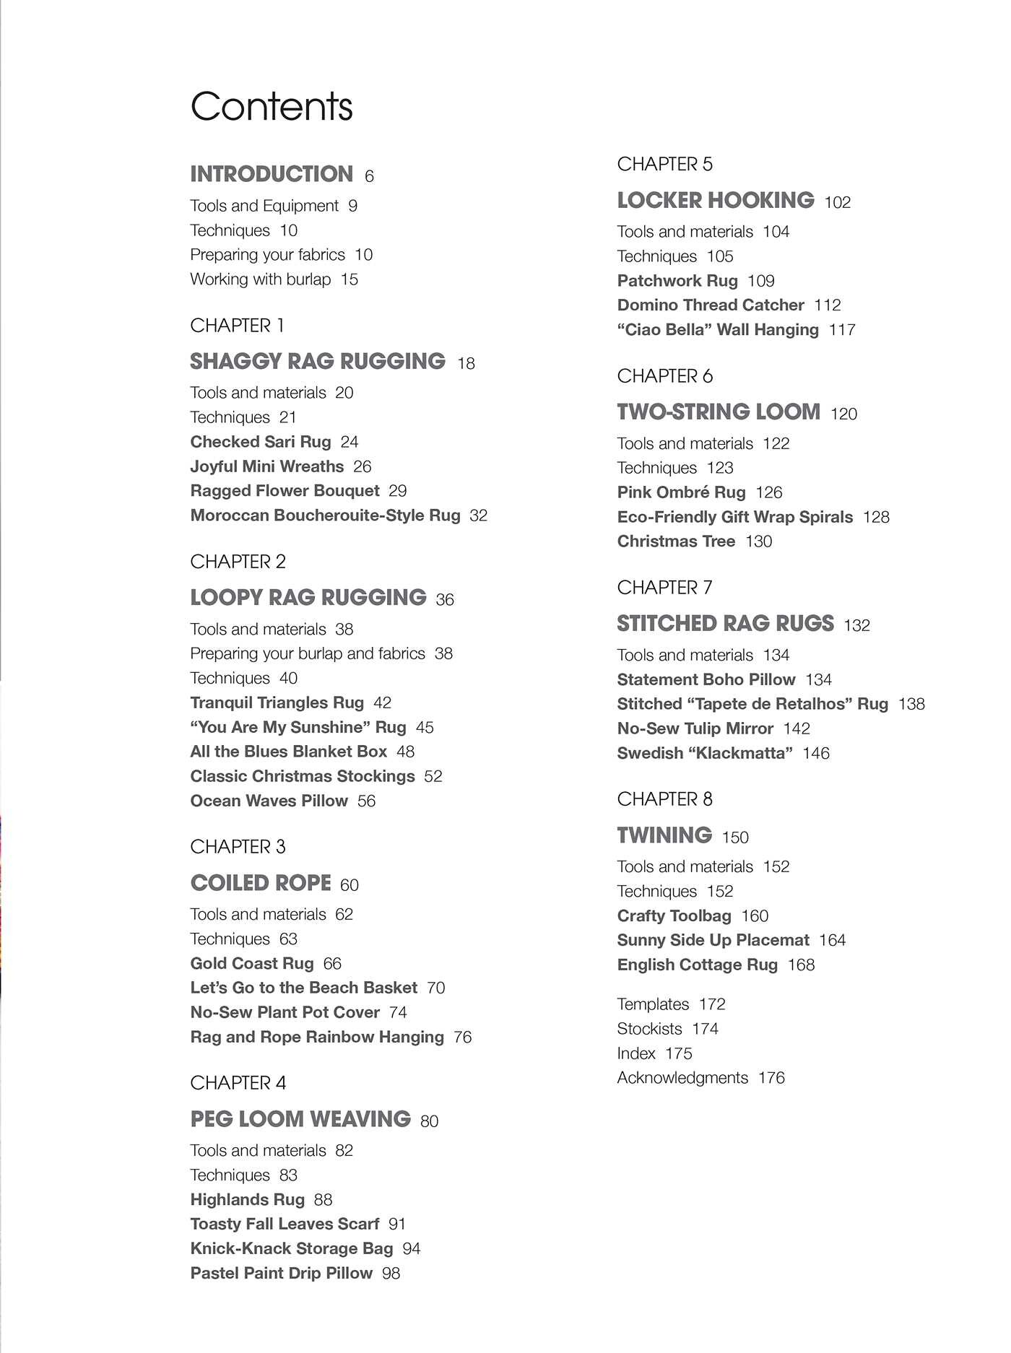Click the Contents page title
272,106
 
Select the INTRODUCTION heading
272,174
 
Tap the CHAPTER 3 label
238,846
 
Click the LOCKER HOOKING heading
715,200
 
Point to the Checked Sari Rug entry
260,442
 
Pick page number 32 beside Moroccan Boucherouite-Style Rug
478,515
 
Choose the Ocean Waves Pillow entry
269,801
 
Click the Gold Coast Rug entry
252,963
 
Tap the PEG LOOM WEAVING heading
300,1119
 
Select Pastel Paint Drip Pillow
281,1273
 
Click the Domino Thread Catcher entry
710,305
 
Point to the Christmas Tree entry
676,541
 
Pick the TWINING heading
664,835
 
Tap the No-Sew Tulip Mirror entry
695,728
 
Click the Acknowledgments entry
682,1078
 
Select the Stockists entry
649,1029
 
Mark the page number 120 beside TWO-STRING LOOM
843,414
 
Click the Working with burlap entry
260,279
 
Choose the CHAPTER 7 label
664,588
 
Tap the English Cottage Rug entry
697,965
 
